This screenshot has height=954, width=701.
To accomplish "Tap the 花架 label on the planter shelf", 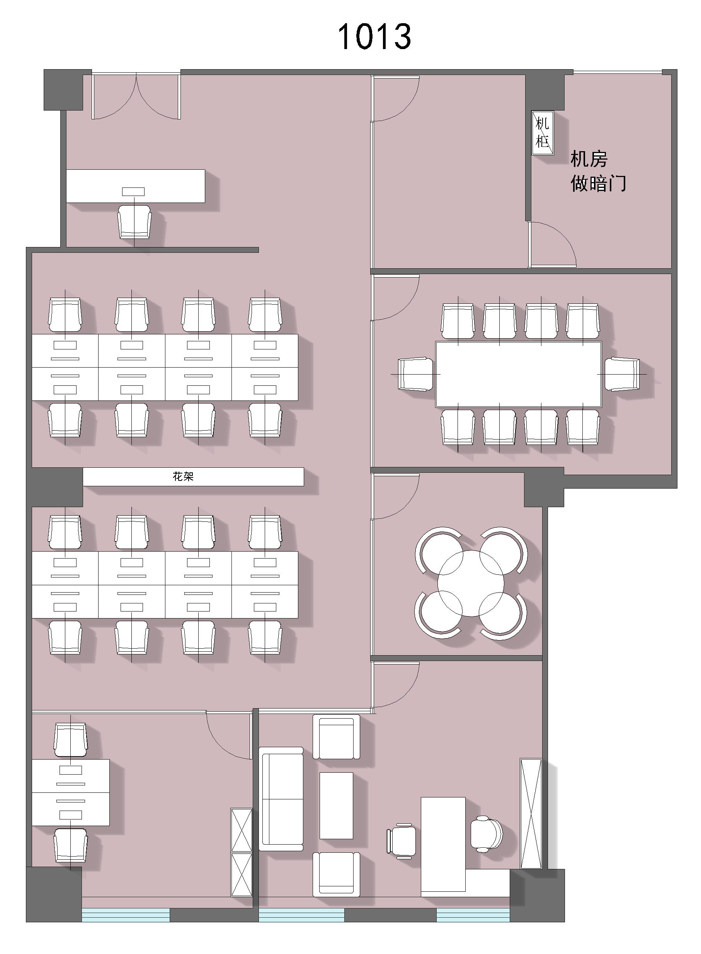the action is pyautogui.click(x=183, y=477).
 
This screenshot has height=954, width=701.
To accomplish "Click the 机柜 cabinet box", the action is pyautogui.click(x=543, y=133).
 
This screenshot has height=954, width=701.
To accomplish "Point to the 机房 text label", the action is pyautogui.click(x=589, y=159).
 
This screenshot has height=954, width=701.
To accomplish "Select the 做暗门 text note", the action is pyautogui.click(x=598, y=184).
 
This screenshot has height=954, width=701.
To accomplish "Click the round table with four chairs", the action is pyautogui.click(x=471, y=583).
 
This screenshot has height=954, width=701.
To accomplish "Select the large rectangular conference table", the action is pyautogui.click(x=519, y=374).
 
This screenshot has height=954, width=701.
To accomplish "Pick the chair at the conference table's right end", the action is pyautogui.click(x=622, y=374).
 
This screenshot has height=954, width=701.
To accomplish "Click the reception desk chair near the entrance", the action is pyautogui.click(x=134, y=222).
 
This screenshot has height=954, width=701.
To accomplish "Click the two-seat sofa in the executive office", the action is pyautogui.click(x=281, y=799).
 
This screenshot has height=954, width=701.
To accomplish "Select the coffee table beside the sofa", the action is pyautogui.click(x=336, y=806).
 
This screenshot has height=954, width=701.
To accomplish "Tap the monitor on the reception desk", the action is pyautogui.click(x=133, y=192).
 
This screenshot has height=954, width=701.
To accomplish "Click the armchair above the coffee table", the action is pyautogui.click(x=336, y=737).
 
